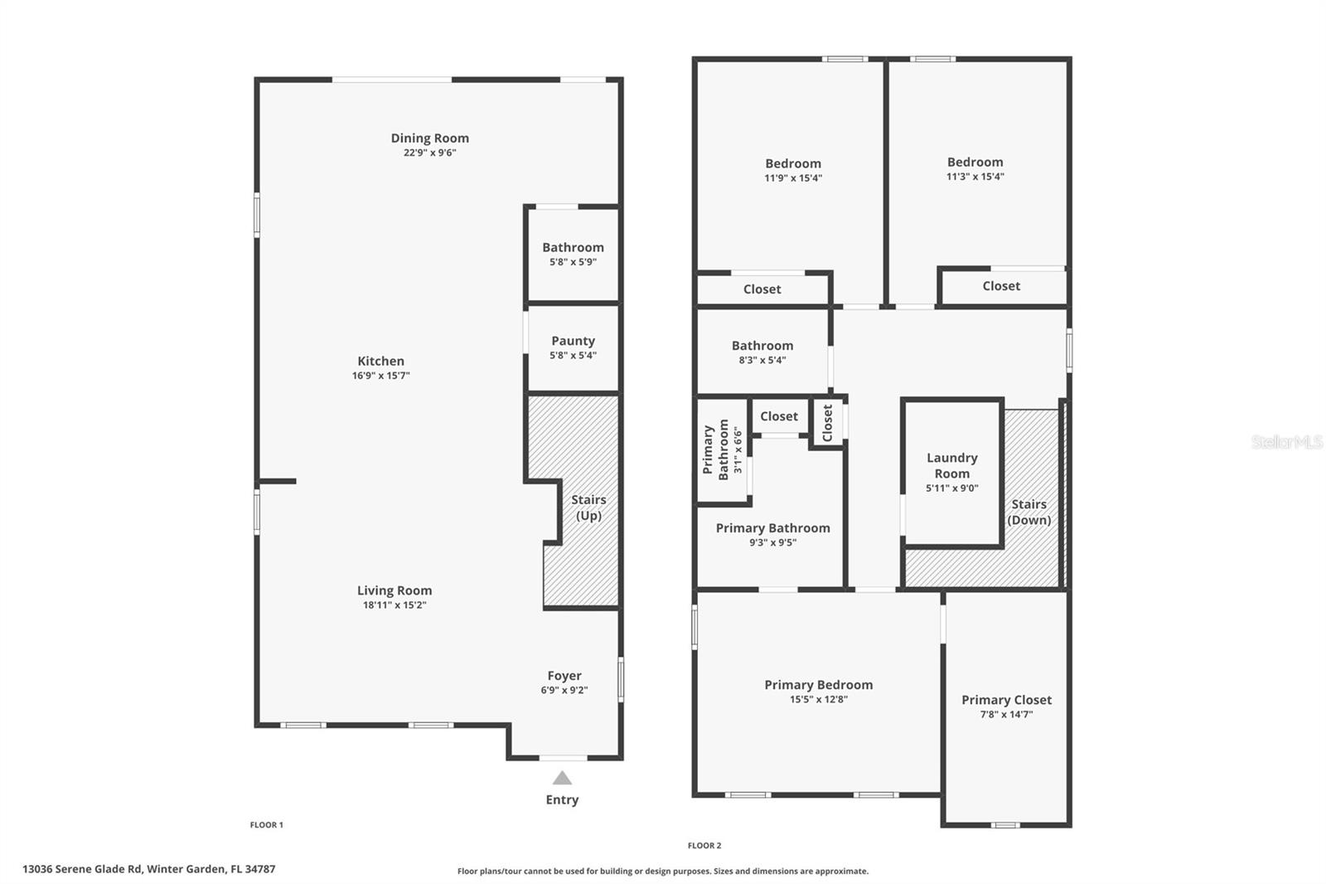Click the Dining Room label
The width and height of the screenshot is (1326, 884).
point(429,138)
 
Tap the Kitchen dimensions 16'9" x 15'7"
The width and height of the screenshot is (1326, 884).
point(380,376)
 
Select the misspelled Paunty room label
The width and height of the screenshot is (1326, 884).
point(573,341)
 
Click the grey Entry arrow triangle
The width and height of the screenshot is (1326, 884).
point(562,778)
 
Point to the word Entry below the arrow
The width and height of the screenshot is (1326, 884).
point(562,800)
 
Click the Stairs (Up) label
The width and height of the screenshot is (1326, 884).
point(588,508)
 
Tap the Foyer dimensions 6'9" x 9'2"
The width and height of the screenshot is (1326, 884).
point(564,690)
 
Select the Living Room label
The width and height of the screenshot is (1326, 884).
point(394,590)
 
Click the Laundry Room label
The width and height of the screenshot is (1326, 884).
point(951,465)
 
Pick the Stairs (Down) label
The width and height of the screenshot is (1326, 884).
point(1028,512)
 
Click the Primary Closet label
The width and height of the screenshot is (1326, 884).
point(1006,700)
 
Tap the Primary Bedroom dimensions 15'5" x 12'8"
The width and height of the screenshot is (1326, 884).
point(818,699)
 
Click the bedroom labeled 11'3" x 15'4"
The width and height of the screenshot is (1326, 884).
point(975,163)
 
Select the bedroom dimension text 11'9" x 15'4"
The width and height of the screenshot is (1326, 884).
point(793,177)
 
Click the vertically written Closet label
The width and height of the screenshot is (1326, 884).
point(827,423)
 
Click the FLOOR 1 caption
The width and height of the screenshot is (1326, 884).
point(266,825)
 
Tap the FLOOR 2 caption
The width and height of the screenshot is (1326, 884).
point(704,846)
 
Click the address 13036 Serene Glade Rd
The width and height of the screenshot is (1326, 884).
point(148,869)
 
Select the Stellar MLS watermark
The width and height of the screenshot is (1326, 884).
point(1286,442)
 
